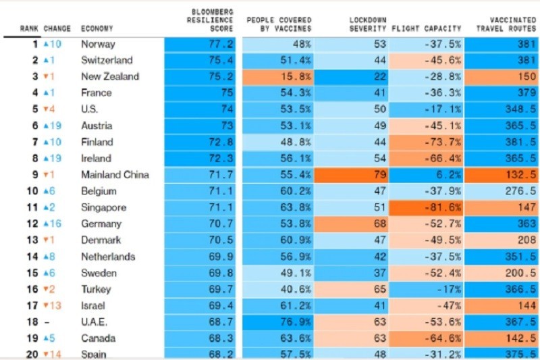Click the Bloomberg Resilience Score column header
point(212,20)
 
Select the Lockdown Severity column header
point(367,24)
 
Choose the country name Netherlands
point(108,257)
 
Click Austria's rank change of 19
point(52,126)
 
